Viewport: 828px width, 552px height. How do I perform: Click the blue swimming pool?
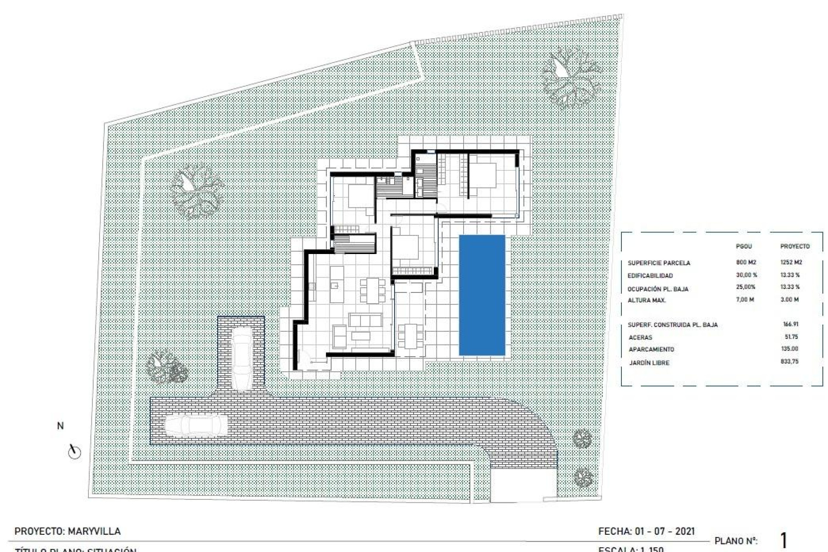click(x=482, y=295)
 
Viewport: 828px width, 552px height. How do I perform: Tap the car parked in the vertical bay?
click(x=241, y=358)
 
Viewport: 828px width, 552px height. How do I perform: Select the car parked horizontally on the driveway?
click(x=196, y=425)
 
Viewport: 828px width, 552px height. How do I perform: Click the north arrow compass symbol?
click(x=75, y=452)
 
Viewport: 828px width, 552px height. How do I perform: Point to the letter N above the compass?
click(x=60, y=426)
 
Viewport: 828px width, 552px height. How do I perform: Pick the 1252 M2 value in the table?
click(x=791, y=262)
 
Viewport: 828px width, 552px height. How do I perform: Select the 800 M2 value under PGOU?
click(x=746, y=262)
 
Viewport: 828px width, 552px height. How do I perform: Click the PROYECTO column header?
click(x=795, y=246)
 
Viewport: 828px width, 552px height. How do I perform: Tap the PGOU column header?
click(x=743, y=246)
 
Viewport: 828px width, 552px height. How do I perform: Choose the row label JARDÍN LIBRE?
click(x=649, y=363)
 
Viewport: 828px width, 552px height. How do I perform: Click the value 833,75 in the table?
click(x=789, y=361)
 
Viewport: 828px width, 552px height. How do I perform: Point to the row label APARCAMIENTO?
click(x=651, y=349)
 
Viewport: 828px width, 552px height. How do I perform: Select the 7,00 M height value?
click(x=745, y=299)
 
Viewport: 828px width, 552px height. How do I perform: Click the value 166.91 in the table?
click(x=790, y=324)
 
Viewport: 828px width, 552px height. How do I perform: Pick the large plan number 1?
click(x=784, y=540)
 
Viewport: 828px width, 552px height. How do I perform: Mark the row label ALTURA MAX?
click(x=646, y=300)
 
